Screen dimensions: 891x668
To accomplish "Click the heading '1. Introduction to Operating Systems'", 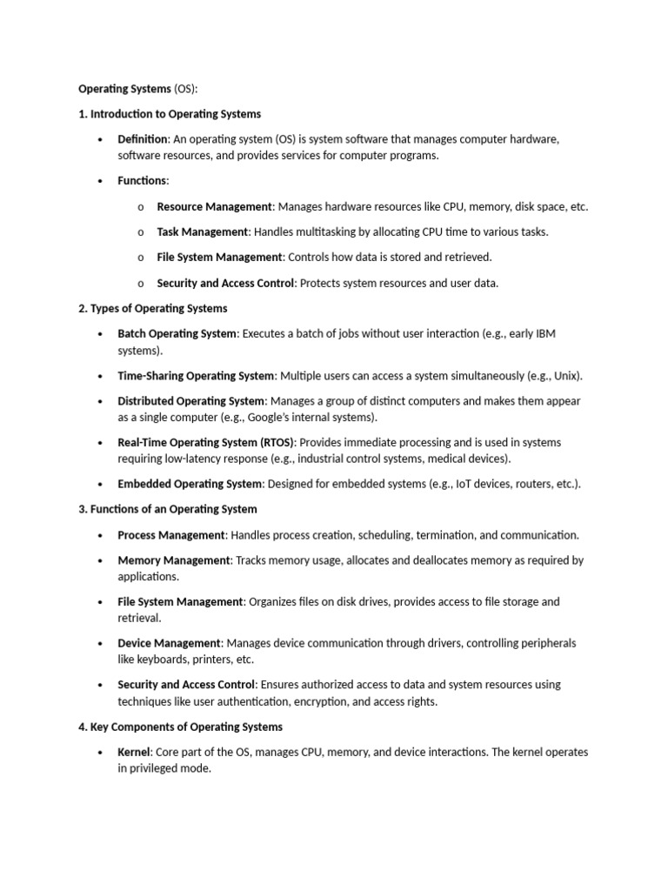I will pos(170,114).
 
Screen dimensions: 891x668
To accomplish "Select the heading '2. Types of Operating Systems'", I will pos(153,308).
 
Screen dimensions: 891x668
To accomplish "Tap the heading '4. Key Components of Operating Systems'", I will pos(180,727).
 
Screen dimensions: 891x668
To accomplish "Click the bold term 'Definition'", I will pos(143,139).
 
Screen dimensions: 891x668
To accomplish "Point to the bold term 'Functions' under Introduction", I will pos(142,181).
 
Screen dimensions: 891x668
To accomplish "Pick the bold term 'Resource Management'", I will pos(215,207).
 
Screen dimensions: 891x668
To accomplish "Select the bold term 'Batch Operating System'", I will pos(177,333).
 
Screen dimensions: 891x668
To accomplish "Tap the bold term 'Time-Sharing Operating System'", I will pos(197,376).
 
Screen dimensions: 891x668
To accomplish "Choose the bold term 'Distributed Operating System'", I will pos(191,401).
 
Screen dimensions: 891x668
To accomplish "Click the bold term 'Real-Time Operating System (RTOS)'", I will pos(206,443).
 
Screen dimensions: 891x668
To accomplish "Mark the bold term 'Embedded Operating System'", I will pos(190,485).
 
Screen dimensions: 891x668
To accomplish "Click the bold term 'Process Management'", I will pos(172,535).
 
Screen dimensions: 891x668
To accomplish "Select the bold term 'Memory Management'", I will pos(174,560).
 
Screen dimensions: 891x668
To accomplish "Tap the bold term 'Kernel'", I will pos(135,752).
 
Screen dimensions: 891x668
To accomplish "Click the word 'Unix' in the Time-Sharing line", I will pos(566,376).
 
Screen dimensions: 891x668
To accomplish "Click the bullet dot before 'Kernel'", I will pos(101,753).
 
